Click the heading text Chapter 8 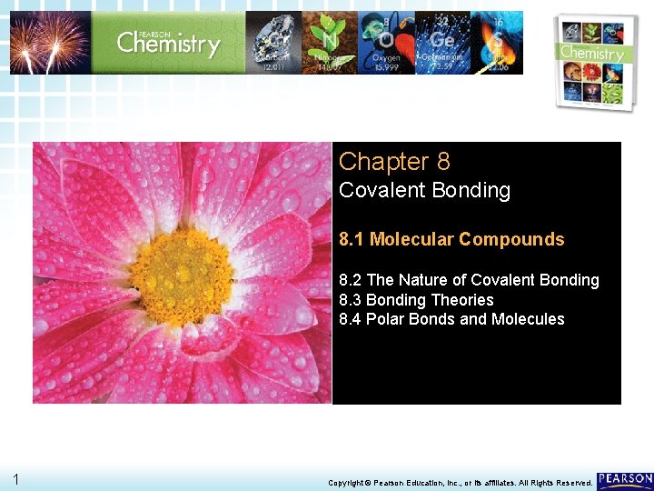coord(393,162)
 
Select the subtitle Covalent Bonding coord(424,191)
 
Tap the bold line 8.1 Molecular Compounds coord(451,240)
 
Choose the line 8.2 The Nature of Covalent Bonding coord(469,280)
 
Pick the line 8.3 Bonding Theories coord(416,300)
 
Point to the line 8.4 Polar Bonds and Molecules coord(451,319)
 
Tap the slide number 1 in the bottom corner coord(16,479)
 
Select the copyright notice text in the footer coord(460,483)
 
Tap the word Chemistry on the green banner coord(168,43)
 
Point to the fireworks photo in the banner coord(50,43)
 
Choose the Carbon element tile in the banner coord(273,43)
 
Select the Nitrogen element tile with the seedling coord(329,43)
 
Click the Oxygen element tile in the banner coord(386,43)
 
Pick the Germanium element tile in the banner coord(442,43)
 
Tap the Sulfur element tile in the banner coord(497,43)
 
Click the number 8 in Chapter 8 coord(442,162)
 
